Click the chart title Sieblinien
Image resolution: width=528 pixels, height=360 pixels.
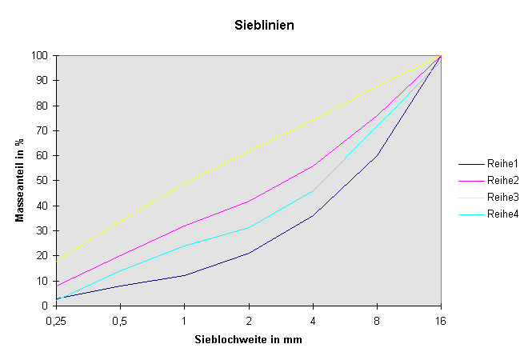pos(264,26)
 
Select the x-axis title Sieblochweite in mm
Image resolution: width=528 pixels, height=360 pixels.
pos(248,339)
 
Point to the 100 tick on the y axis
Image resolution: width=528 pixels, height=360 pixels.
pos(41,55)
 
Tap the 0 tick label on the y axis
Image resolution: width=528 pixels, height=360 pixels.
pos(46,306)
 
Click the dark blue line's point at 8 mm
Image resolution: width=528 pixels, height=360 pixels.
pos(377,155)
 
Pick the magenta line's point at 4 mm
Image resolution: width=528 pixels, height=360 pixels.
pos(313,166)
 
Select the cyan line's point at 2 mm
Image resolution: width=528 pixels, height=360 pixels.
pos(249,228)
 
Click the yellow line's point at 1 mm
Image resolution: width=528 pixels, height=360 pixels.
pos(185,183)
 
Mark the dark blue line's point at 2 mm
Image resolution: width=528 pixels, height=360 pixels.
pos(249,253)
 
